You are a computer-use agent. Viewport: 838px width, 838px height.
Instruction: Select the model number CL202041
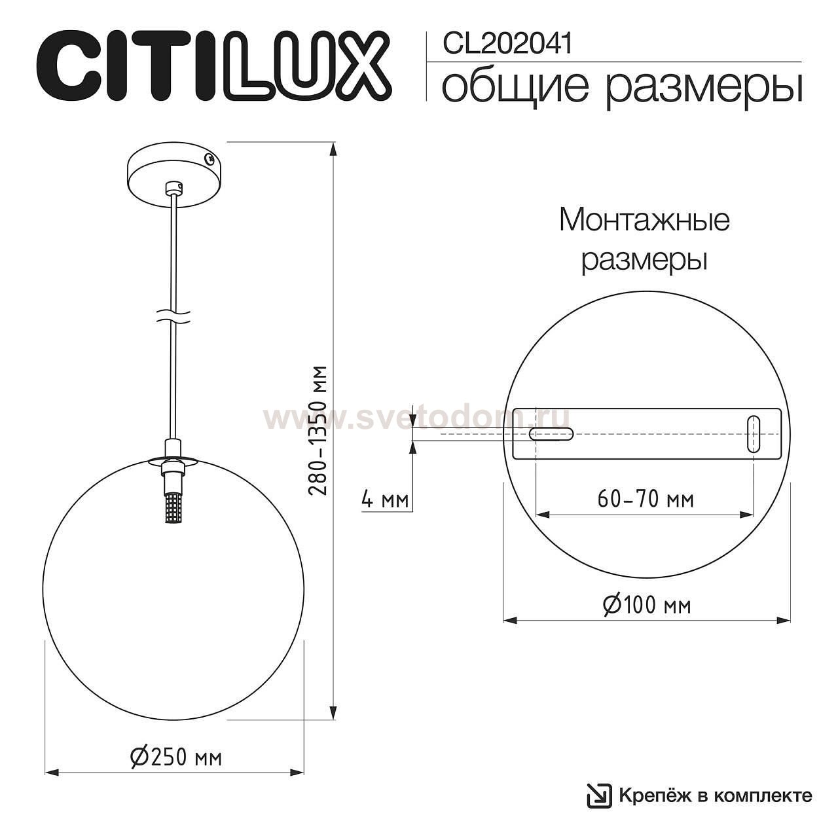507,44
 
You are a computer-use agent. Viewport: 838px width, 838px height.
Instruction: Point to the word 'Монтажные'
644,221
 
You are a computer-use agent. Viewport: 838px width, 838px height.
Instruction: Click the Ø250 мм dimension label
176,757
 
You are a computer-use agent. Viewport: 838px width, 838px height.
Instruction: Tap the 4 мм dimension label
385,500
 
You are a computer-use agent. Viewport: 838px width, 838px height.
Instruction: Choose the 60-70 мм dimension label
645,500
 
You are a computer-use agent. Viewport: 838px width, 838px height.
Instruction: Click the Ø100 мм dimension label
646,605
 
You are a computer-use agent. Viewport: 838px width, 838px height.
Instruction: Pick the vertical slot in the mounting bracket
754,433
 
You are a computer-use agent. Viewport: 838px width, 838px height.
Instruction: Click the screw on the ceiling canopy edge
208,158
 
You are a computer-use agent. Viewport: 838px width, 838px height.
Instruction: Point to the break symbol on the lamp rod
173,316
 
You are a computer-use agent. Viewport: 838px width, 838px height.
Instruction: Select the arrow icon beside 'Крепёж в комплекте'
598,795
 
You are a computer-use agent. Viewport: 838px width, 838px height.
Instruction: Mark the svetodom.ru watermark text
416,417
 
